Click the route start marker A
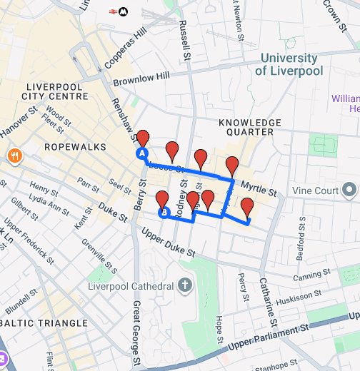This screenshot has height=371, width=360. (x=141, y=153)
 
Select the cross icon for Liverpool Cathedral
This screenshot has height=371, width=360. (x=184, y=286)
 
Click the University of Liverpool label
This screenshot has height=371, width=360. (x=289, y=64)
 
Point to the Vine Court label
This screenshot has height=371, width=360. (x=315, y=190)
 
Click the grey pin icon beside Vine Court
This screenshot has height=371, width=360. (x=349, y=190)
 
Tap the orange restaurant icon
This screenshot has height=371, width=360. (x=14, y=156)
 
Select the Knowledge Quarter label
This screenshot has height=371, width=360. (x=246, y=127)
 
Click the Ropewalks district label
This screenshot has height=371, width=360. (x=75, y=147)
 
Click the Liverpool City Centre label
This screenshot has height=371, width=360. (x=53, y=91)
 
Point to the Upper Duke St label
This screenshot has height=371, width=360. (x=168, y=243)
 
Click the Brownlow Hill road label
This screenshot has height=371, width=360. (x=141, y=78)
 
